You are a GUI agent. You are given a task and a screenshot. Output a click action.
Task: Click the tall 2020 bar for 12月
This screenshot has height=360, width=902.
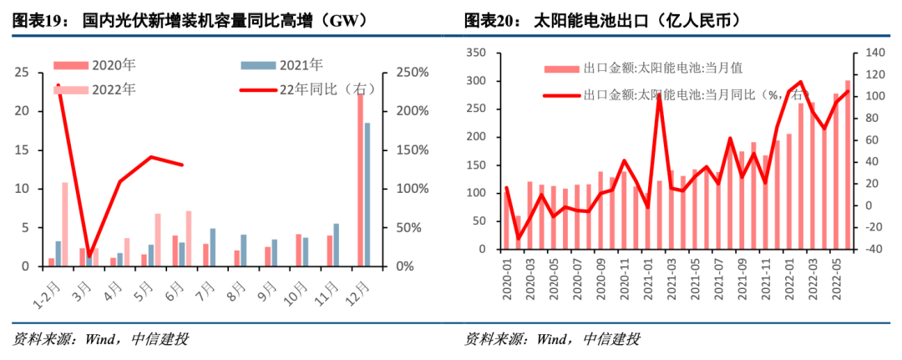pos(361,180)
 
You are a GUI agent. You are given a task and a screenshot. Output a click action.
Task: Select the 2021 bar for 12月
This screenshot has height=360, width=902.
pos(368,195)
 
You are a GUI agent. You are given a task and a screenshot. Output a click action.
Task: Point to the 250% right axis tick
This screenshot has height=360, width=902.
pos(412,73)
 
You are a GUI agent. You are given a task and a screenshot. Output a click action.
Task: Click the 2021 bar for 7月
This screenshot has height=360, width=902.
pos(213,247)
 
